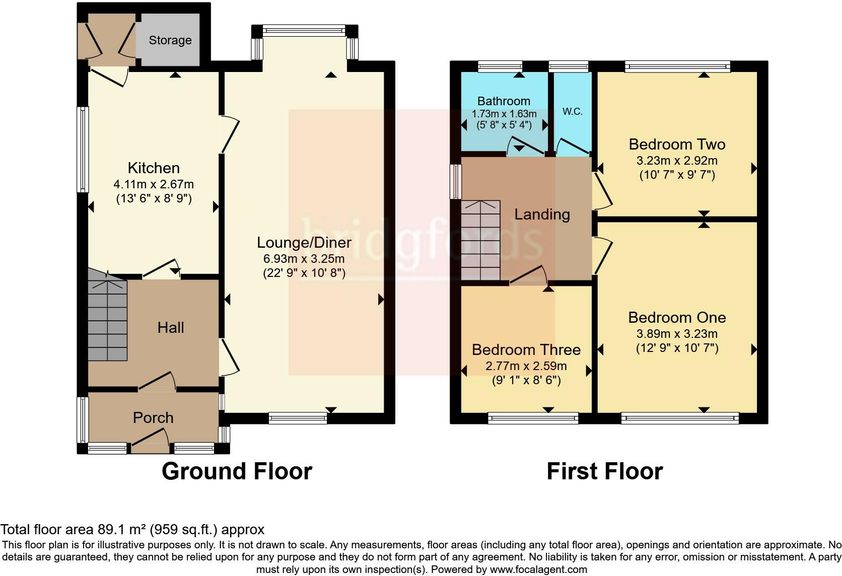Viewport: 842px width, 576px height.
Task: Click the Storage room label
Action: point(170,40)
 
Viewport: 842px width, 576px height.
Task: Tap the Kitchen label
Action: point(154,168)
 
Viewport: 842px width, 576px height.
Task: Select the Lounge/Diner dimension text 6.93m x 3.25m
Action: point(304,258)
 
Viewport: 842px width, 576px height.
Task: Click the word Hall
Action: point(171,328)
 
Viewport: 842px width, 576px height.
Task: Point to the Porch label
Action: point(153,418)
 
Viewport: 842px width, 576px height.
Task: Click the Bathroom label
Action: point(504,101)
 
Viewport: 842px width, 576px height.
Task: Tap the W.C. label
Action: point(573,111)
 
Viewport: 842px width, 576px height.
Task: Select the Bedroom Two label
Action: point(677,145)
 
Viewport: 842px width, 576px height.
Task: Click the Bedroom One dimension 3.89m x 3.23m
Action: point(677,334)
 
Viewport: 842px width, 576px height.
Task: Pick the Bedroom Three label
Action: point(526,350)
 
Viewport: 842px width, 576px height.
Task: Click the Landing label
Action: point(542,214)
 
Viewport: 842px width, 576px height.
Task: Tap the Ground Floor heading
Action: point(237,471)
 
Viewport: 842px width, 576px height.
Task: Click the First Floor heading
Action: point(605,471)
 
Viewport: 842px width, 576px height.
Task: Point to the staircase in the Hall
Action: point(107,315)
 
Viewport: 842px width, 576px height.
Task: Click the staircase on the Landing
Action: point(481,240)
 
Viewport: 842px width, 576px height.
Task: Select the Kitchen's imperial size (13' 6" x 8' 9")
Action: point(154,198)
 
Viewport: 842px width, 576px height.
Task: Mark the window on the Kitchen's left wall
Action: point(83,150)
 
